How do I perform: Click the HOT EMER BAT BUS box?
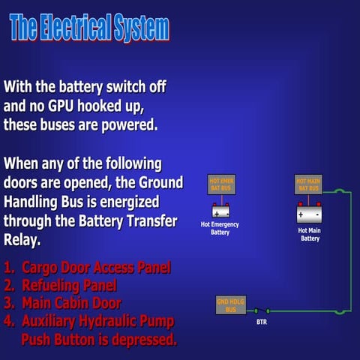[x=220, y=184]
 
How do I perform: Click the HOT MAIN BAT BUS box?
[x=308, y=184]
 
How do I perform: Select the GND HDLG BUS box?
[x=226, y=306]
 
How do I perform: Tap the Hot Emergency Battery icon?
[x=220, y=211]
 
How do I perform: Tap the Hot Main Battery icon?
[x=309, y=215]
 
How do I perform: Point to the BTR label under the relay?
[x=261, y=322]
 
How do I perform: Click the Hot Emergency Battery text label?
[x=220, y=228]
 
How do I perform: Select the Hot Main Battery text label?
[x=309, y=234]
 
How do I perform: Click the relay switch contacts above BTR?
[x=261, y=310]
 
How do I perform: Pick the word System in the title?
[x=142, y=28]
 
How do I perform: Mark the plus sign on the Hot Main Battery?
[x=301, y=215]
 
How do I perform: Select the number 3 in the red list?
[x=8, y=303]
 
